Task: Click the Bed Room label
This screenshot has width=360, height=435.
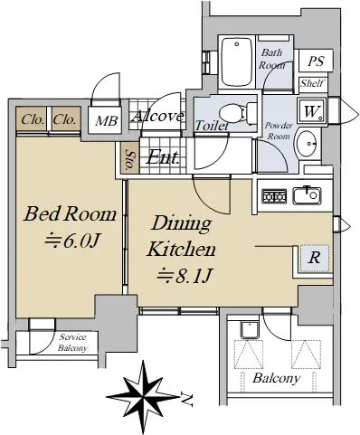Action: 70,214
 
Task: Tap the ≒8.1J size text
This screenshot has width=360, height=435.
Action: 185,276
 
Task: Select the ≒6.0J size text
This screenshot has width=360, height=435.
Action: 71,241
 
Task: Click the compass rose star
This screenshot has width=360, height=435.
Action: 143,397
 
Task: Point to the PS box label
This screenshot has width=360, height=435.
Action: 316,61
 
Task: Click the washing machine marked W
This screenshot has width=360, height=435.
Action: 312,110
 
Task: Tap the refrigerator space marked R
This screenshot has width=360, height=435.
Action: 314,259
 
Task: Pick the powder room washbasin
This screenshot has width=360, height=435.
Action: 307,144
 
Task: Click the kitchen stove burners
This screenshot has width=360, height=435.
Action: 274,196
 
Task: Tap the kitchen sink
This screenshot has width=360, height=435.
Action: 308,195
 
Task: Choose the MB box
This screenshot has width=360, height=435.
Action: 106,120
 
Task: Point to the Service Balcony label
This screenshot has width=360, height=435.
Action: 72,343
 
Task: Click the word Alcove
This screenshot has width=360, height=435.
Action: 157,117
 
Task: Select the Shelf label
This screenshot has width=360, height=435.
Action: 313,83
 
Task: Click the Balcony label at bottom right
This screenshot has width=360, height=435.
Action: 277,378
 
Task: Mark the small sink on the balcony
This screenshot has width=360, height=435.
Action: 250,329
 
